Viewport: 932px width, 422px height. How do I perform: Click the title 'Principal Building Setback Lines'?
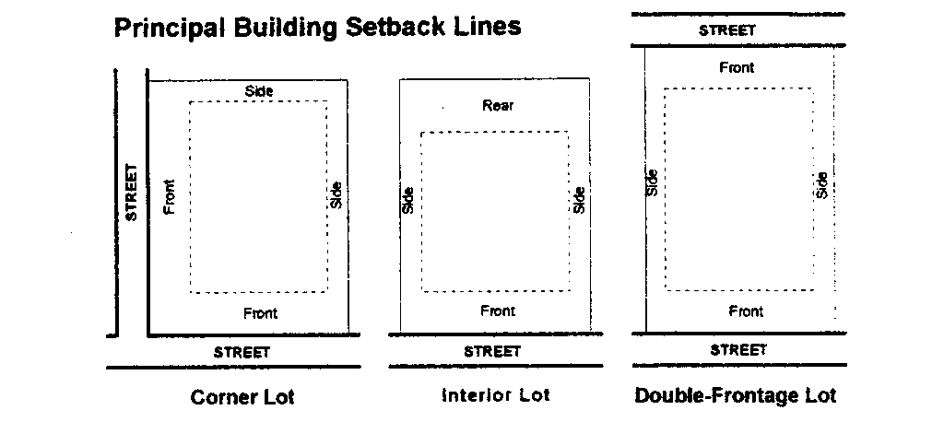(317, 27)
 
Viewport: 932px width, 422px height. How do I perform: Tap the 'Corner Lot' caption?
(242, 398)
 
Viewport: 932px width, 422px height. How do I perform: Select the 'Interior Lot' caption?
(496, 396)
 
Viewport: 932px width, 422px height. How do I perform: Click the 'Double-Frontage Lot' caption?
(736, 396)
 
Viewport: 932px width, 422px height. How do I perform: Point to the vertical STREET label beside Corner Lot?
(131, 192)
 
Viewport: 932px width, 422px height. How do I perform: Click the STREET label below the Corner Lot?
(242, 352)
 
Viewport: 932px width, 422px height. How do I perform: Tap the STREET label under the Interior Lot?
(492, 351)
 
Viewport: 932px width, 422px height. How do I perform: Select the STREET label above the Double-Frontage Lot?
(726, 29)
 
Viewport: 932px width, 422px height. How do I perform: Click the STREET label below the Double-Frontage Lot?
(738, 350)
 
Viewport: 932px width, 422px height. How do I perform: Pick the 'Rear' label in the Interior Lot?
(498, 106)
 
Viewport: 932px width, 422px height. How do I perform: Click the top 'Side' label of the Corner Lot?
(259, 90)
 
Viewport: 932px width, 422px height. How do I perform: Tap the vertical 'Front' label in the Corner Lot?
(169, 196)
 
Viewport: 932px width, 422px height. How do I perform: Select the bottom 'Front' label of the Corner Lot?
(260, 313)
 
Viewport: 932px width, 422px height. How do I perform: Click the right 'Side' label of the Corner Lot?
(336, 193)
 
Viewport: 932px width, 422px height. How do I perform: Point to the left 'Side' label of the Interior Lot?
(407, 200)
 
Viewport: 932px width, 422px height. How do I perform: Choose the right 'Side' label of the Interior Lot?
(579, 200)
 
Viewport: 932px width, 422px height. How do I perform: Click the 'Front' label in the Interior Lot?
(498, 311)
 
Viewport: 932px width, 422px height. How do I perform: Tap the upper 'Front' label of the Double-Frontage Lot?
(737, 67)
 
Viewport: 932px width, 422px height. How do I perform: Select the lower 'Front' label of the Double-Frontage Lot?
(746, 311)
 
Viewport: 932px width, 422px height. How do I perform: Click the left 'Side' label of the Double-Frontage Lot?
(653, 182)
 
